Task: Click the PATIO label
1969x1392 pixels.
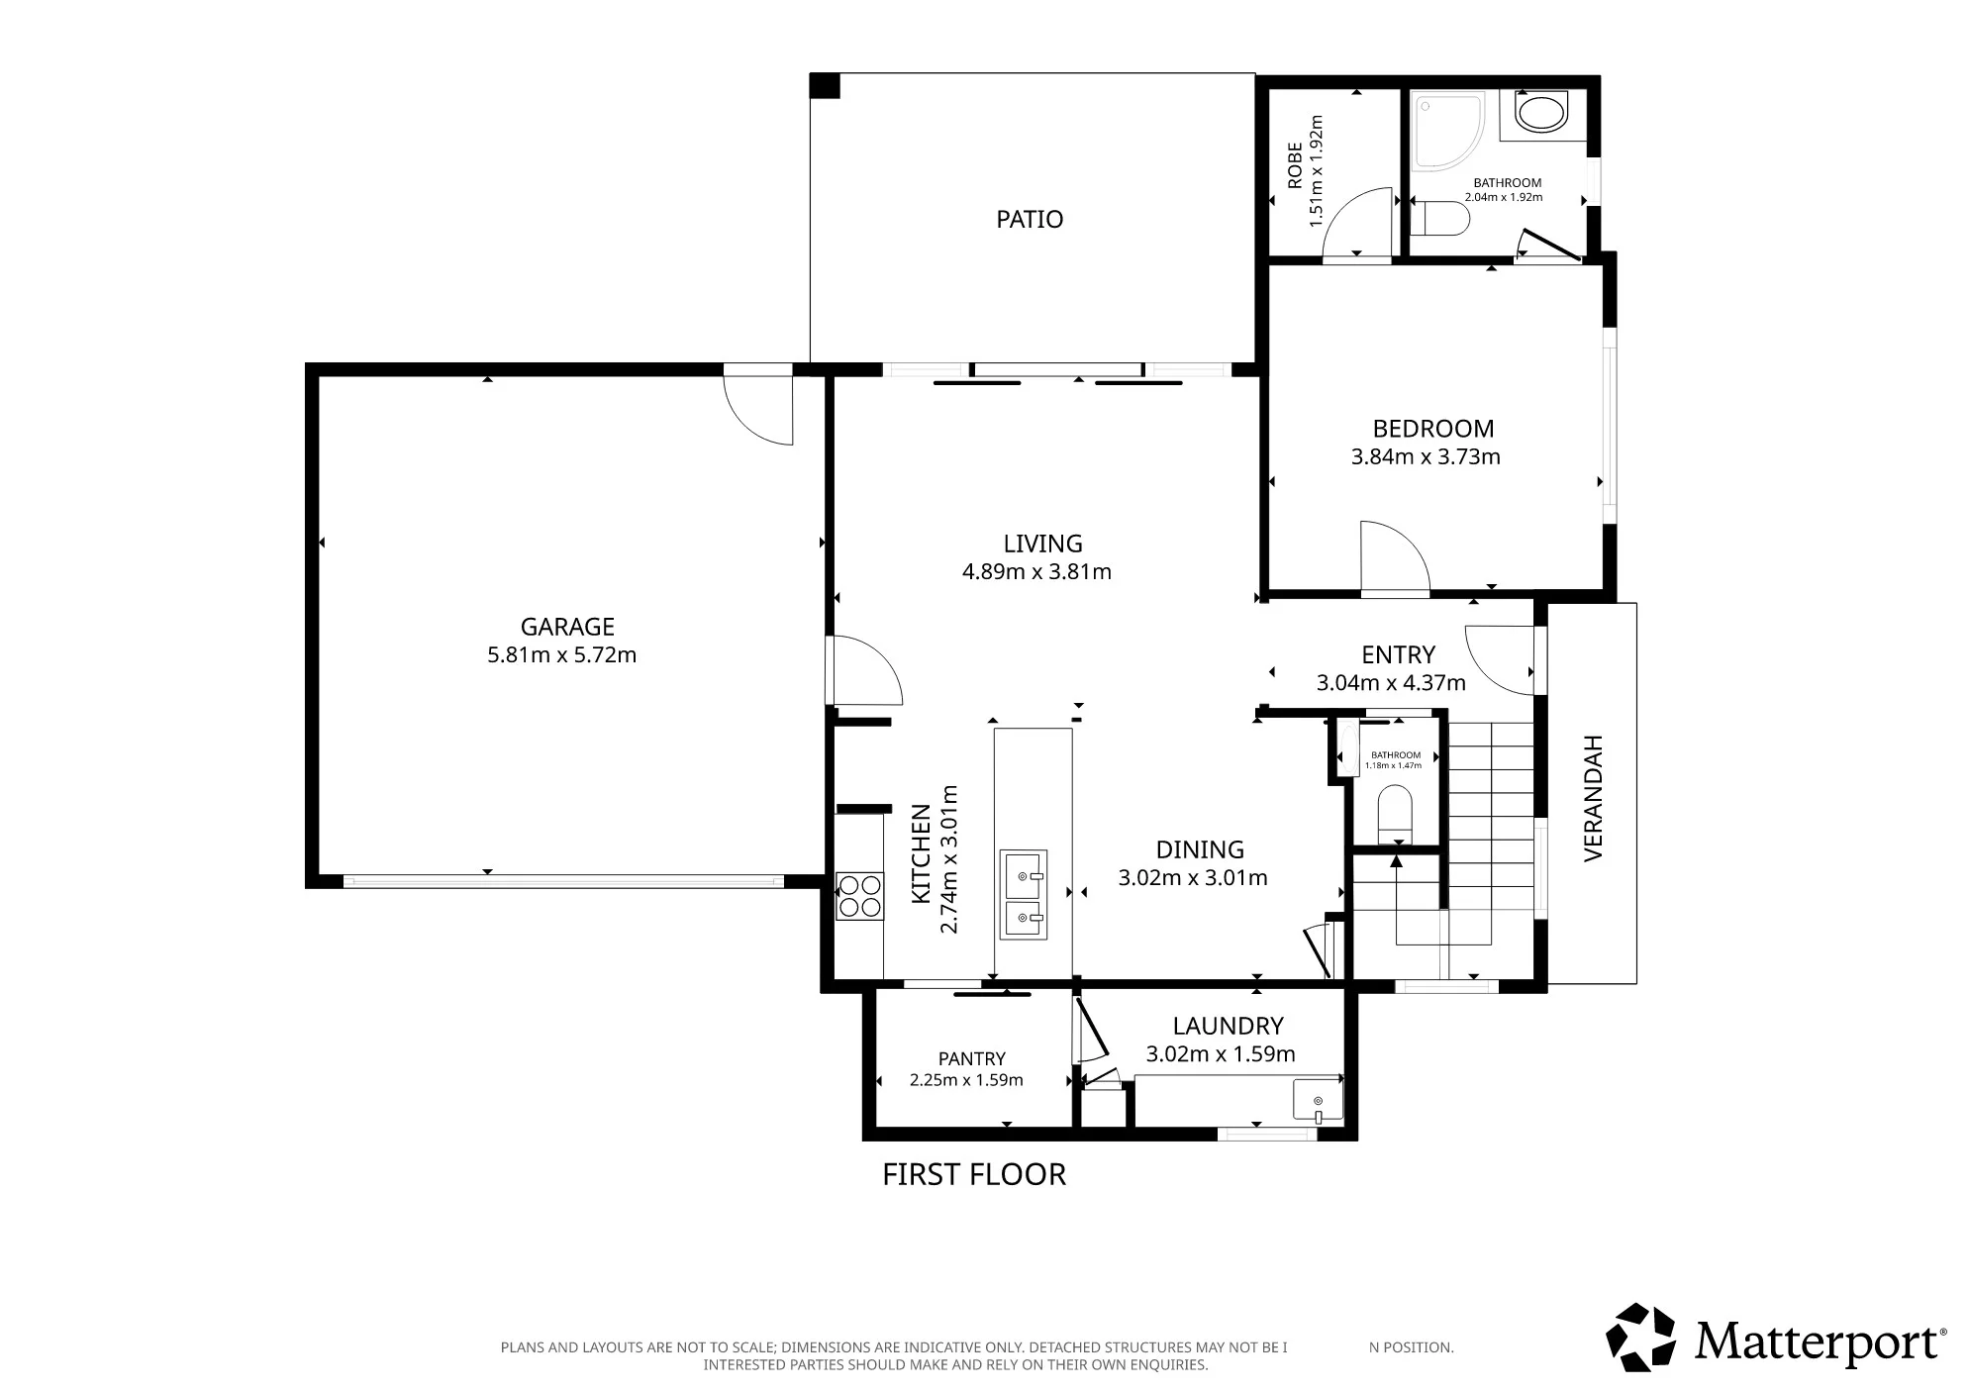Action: coord(1030,219)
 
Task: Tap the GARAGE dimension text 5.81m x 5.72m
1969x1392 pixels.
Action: coord(561,654)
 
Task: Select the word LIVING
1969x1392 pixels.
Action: coord(1042,544)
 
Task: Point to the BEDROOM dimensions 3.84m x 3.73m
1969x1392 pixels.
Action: coord(1426,456)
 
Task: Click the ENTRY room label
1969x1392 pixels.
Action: coord(1398,654)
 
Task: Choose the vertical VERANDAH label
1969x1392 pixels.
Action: coord(1593,797)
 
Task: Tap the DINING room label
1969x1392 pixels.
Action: coord(1200,849)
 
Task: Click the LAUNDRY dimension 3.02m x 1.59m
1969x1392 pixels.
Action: coord(1221,1054)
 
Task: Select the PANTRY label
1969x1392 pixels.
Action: coord(971,1058)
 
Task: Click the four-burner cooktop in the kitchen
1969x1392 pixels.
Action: coord(859,895)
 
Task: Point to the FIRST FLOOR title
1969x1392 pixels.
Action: coord(974,1174)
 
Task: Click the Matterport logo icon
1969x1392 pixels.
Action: coord(1640,1338)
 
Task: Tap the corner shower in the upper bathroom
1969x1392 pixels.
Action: coord(1447,129)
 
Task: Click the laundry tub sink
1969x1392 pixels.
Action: coord(1318,1100)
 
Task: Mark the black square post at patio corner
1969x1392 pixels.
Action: coord(824,86)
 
